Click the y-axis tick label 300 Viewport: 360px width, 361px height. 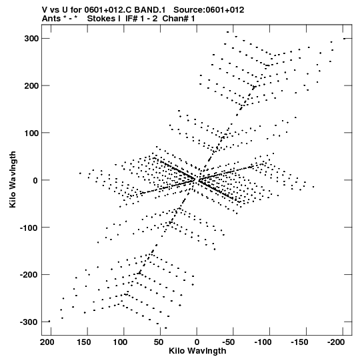point(31,39)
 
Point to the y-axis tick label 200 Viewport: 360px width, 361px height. point(31,85)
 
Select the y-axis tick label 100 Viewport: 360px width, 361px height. point(31,133)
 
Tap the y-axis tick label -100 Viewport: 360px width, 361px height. point(29,228)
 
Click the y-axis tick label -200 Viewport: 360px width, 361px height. point(29,275)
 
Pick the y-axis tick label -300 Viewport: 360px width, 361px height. point(29,322)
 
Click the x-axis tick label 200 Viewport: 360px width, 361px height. point(47,342)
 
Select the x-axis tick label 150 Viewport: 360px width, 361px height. point(84,342)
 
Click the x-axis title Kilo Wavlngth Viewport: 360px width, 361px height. point(197,351)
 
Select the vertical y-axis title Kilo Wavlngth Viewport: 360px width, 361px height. point(13,179)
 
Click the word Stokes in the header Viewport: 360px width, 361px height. point(101,19)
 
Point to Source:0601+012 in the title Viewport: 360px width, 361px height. point(209,10)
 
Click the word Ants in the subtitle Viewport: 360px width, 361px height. point(51,19)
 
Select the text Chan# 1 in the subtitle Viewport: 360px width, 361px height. point(179,19)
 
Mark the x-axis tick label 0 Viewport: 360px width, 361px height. point(197,342)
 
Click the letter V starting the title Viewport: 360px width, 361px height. point(45,10)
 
